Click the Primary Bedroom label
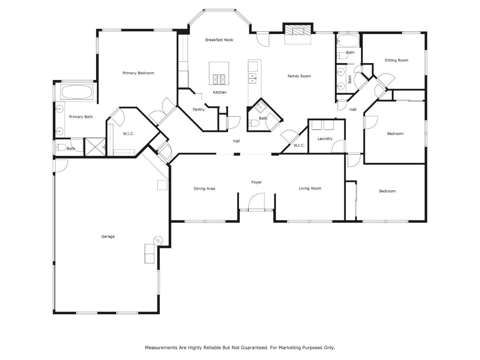point(138,73)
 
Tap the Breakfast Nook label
point(219,40)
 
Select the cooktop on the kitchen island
point(219,79)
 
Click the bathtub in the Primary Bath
point(77,92)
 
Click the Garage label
point(108,236)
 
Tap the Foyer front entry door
point(256,201)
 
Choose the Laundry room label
point(325,139)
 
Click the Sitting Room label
point(396,60)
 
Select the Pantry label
point(198,110)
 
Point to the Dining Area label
point(204,189)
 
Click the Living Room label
point(310,188)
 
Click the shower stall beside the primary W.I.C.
point(95,147)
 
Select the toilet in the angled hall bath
point(254,123)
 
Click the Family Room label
point(299,76)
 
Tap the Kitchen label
point(220,92)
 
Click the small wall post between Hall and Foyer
point(237,154)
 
